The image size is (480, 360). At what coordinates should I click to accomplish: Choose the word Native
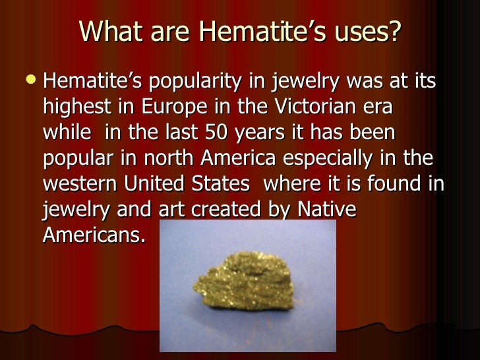pos(326,209)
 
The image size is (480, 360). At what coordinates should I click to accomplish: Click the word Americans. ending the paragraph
pos(94,234)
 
